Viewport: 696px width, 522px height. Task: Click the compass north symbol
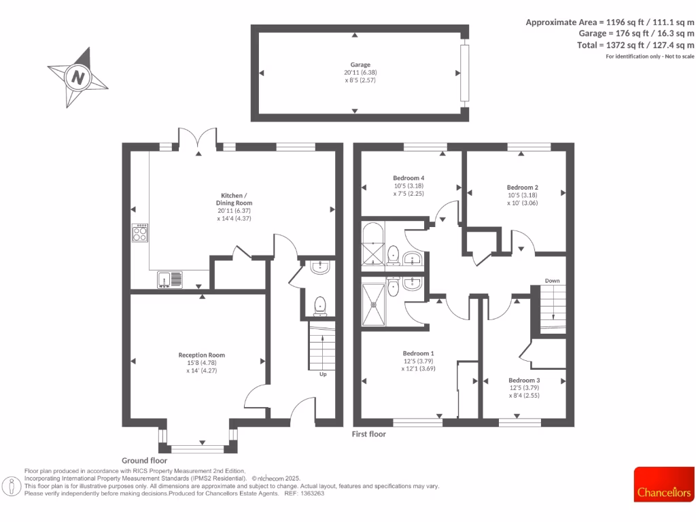[78, 77]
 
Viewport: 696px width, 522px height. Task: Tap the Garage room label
[360, 65]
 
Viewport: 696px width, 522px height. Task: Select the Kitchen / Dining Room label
[230, 203]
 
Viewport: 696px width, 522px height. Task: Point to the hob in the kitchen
[140, 233]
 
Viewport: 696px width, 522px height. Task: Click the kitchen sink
[170, 278]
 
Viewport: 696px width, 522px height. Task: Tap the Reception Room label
[201, 355]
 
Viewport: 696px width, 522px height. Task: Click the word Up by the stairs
[322, 373]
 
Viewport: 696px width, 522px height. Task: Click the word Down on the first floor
[552, 281]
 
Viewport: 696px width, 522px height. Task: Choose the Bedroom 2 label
[522, 187]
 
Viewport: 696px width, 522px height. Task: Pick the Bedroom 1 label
[418, 353]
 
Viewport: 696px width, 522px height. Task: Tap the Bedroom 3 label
[524, 380]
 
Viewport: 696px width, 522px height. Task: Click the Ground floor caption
[144, 460]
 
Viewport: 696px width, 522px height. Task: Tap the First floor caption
[369, 434]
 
